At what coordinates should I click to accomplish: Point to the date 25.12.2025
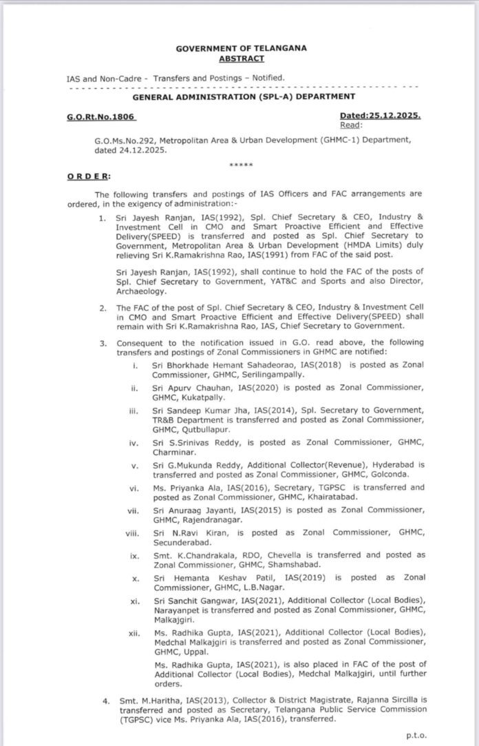click(395, 118)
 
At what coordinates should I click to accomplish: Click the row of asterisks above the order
click(241, 165)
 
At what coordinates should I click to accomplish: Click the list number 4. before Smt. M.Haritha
click(105, 701)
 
